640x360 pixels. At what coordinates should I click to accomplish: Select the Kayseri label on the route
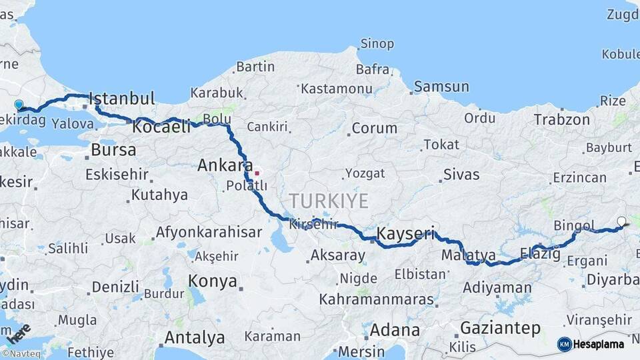coord(405,233)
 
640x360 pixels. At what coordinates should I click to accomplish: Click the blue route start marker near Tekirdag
coord(19,105)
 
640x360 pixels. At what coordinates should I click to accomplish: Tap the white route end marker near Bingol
coord(621,221)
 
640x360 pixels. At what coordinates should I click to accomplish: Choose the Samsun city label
coord(441,87)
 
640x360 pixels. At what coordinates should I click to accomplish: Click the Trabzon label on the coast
coord(561,120)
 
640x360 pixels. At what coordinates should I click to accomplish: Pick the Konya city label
coord(212,281)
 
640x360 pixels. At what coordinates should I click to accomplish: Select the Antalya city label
coord(194,337)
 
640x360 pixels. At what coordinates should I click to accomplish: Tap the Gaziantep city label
coord(500,328)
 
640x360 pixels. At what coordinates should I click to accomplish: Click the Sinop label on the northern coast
coord(377,44)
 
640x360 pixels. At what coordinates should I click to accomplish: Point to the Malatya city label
coord(469,255)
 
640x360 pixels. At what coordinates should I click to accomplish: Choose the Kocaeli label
coord(161,127)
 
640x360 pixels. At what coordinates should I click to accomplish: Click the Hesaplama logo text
coord(599,345)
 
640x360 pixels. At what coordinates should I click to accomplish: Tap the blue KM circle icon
coord(564,344)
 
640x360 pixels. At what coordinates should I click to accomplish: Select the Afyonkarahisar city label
coord(208,233)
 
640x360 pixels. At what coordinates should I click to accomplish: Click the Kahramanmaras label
coord(376,299)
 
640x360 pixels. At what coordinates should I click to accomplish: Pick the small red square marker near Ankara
coord(257,173)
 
